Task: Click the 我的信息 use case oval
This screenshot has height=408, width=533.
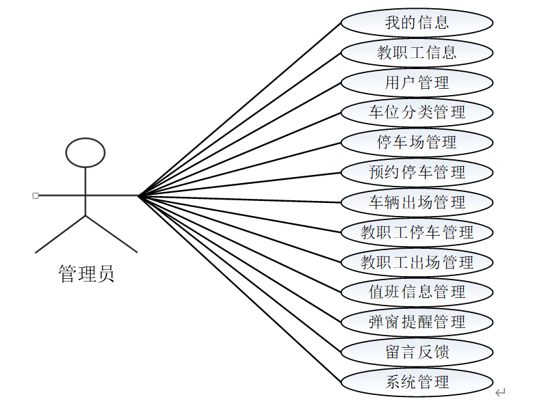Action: [x=417, y=22]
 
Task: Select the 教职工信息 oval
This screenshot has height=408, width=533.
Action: [x=417, y=52]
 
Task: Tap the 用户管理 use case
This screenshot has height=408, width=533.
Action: [x=417, y=82]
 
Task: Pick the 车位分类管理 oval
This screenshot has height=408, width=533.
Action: [x=417, y=112]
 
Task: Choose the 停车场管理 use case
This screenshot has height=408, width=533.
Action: [x=417, y=142]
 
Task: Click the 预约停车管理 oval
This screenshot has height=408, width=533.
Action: [x=417, y=172]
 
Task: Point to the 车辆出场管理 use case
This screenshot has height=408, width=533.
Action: [x=417, y=202]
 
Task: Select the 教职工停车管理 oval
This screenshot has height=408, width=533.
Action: [x=417, y=232]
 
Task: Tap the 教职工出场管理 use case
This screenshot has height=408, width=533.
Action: [x=417, y=262]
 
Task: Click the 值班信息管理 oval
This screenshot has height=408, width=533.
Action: [x=417, y=292]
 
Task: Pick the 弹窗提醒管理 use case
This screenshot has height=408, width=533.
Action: [x=417, y=321]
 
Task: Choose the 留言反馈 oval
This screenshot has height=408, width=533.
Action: [x=417, y=351]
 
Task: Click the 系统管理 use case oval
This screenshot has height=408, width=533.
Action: [x=417, y=381]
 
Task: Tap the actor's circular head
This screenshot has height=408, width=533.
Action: [x=85, y=152]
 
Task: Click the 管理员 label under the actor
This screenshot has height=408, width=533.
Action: [x=86, y=275]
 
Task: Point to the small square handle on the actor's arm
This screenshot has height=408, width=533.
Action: [x=36, y=195]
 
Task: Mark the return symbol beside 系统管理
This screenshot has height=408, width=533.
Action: [x=500, y=392]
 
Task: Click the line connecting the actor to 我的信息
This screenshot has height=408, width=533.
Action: [x=239, y=109]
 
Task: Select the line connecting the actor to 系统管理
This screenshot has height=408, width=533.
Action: [x=239, y=289]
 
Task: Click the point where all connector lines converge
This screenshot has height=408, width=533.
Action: [x=139, y=196]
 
